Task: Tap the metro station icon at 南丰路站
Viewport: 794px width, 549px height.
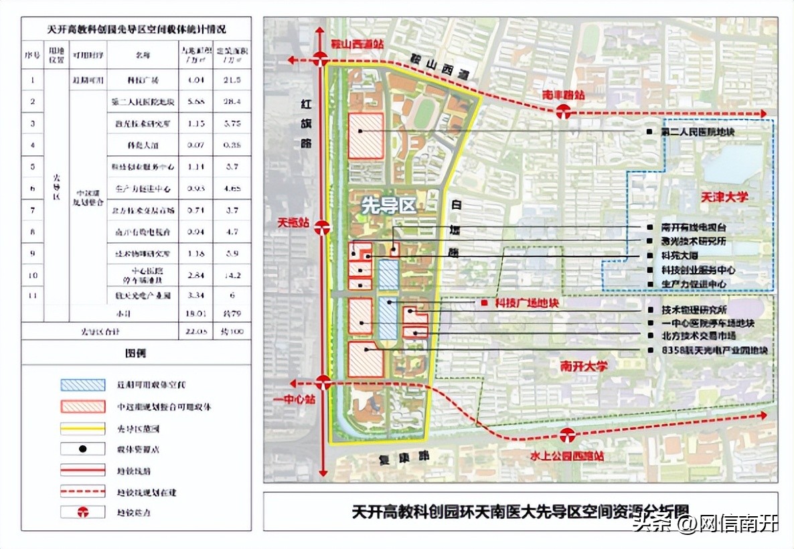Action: click(564, 112)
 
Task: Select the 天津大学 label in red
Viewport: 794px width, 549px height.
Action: click(724, 198)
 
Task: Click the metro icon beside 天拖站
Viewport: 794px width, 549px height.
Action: click(323, 227)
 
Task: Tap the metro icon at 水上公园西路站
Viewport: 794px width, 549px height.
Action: click(568, 435)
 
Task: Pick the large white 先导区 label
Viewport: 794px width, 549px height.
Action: click(389, 206)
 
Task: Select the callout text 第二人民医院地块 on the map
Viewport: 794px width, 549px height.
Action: click(698, 133)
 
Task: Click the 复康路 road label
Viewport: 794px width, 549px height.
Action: click(400, 458)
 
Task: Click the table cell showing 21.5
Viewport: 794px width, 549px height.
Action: click(232, 80)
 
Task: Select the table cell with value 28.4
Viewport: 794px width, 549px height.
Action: click(232, 102)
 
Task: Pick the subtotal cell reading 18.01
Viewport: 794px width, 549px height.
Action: click(195, 313)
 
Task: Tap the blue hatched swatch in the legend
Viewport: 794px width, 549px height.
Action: click(82, 385)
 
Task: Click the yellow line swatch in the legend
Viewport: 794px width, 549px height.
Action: click(82, 428)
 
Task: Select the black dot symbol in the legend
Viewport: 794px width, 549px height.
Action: click(82, 449)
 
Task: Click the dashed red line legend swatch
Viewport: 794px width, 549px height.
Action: click(82, 492)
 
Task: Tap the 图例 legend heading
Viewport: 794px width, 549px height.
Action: click(135, 352)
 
